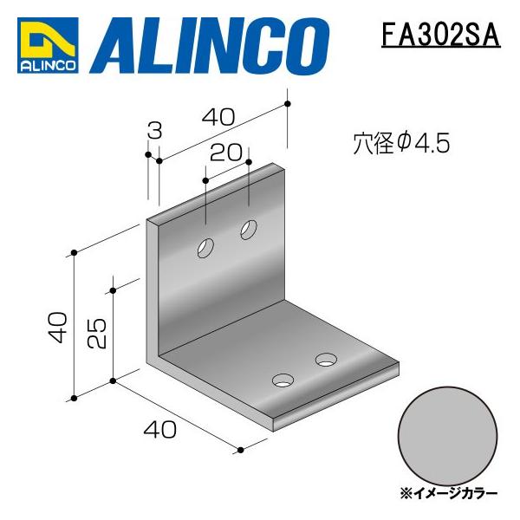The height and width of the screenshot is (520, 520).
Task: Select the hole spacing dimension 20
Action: [x=225, y=153]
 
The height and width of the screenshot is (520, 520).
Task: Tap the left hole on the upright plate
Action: [x=206, y=248]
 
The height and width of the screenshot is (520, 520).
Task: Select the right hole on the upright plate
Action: [x=249, y=231]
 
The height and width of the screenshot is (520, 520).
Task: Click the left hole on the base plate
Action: [x=283, y=379]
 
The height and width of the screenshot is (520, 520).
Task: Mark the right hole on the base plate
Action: [x=327, y=358]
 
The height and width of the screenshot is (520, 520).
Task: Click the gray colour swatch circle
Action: [x=448, y=435]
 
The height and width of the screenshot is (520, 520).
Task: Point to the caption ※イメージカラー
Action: [x=448, y=492]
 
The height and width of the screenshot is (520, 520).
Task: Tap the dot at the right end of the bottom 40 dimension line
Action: [x=239, y=450]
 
